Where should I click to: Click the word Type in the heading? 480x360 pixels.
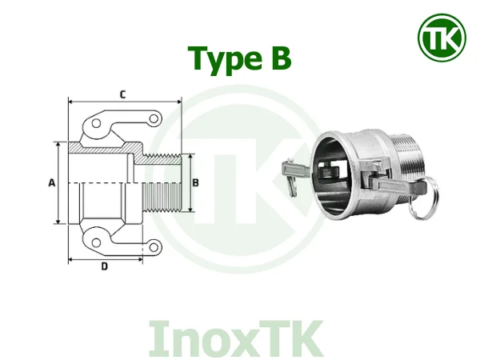tap(226, 58)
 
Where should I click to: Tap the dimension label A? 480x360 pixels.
tap(50, 183)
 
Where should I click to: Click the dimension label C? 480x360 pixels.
tap(122, 94)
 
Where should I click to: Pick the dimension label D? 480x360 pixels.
tap(105, 266)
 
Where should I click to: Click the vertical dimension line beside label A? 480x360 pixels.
tap(58, 183)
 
